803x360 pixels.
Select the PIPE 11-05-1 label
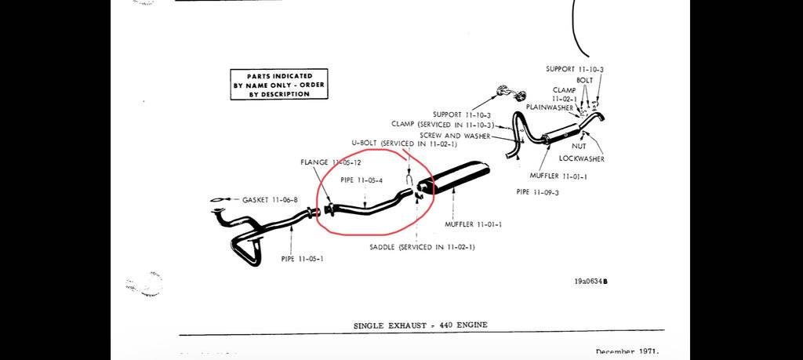(302, 258)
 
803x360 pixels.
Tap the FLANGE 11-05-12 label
(331, 162)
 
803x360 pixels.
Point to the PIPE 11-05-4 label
(361, 180)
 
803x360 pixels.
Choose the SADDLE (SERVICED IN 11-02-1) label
(422, 247)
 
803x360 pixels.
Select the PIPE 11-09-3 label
(537, 191)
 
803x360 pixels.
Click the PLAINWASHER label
(549, 107)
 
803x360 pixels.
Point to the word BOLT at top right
(585, 80)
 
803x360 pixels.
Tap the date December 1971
(627, 352)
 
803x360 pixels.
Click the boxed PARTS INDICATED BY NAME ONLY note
(278, 85)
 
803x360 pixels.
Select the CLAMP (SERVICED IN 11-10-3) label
(443, 125)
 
